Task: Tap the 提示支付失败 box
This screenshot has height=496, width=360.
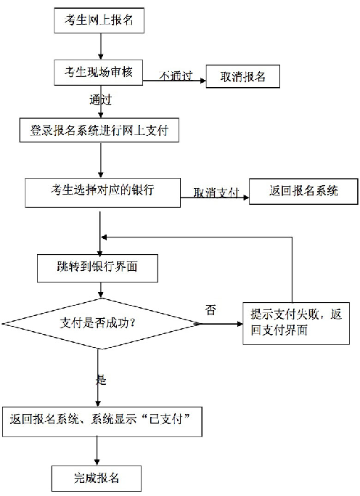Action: point(293,322)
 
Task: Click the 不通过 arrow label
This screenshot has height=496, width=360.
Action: point(174,75)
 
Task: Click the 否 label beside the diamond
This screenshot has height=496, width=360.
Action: point(210,310)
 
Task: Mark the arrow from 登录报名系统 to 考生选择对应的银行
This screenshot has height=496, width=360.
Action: point(99,160)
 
